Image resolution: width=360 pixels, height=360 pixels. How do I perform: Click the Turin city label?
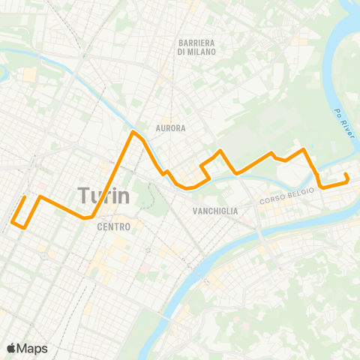coord(103,196)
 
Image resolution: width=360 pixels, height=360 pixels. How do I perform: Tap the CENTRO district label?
coord(114,226)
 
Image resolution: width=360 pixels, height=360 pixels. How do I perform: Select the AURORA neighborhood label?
coord(170,128)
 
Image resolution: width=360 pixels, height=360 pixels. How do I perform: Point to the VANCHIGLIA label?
coord(215,211)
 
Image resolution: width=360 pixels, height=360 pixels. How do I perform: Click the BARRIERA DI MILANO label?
coord(196,47)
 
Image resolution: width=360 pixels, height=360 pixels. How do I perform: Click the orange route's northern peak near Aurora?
coord(133,132)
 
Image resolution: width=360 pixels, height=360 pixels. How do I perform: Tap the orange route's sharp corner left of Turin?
coord(40,197)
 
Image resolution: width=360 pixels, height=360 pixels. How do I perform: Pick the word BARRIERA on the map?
coord(196,43)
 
